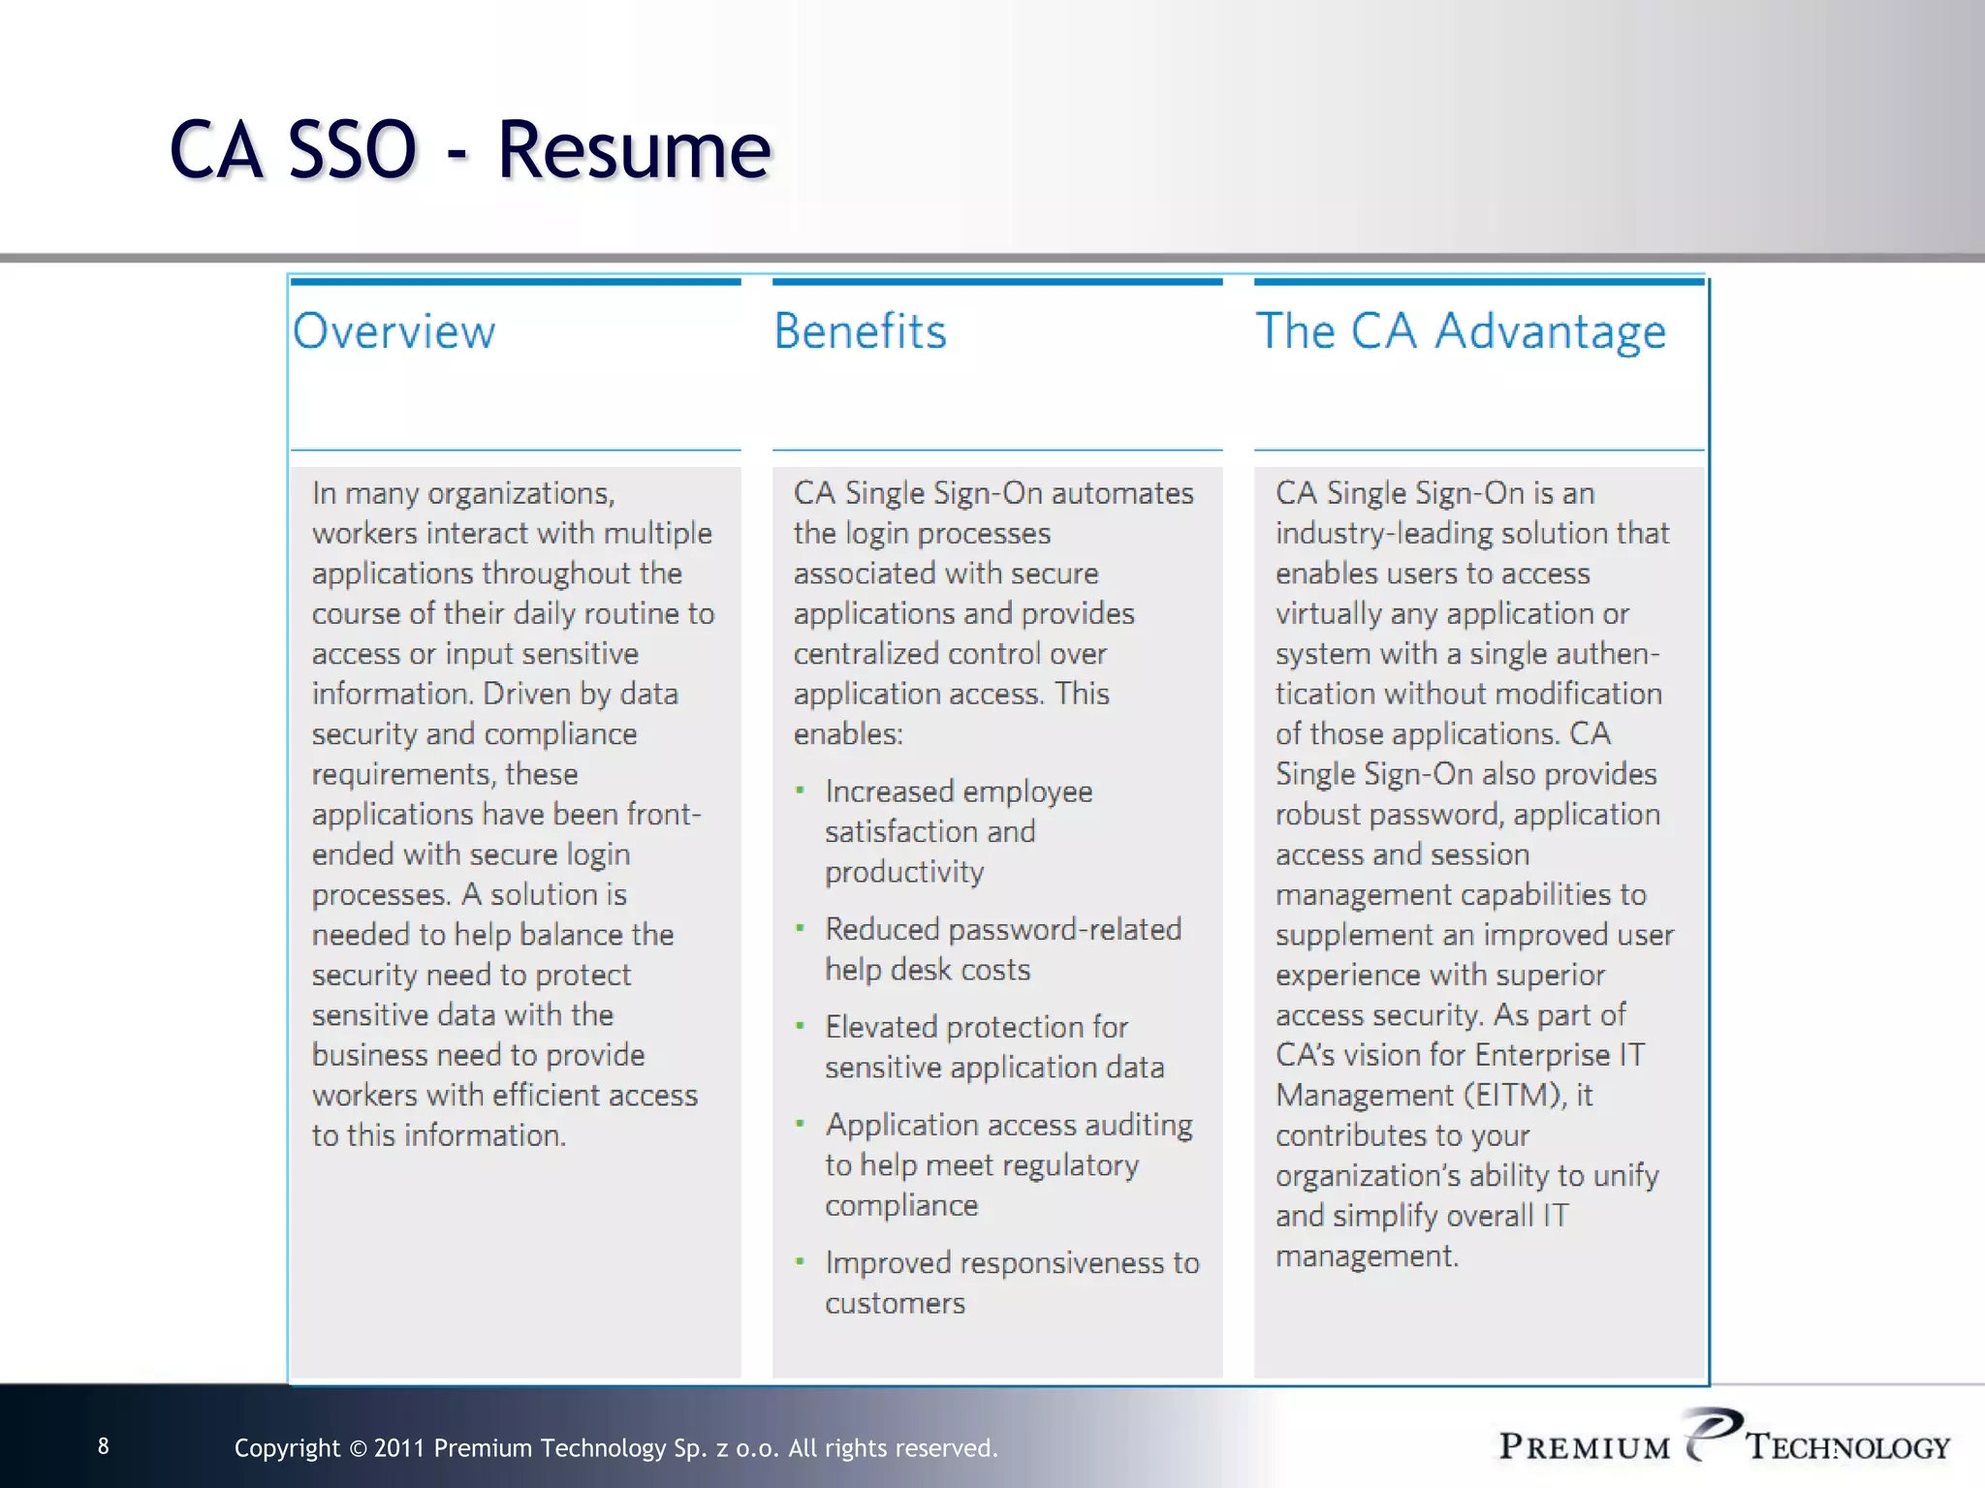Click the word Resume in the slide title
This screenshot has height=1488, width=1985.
[635, 150]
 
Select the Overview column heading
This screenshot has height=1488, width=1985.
[394, 331]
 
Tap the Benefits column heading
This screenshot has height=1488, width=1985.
[860, 331]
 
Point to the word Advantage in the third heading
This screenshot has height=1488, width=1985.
[1551, 331]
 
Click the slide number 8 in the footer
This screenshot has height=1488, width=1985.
[104, 1446]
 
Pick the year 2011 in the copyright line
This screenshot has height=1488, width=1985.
[399, 1448]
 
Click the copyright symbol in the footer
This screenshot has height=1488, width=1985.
[357, 1449]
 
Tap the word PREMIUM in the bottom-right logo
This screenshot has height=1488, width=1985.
[1585, 1447]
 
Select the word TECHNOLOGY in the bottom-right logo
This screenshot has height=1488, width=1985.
[1848, 1447]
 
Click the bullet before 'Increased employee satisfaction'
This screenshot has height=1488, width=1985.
[800, 790]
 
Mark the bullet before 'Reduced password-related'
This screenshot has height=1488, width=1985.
[800, 928]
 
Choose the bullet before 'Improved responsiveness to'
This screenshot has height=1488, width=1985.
[800, 1261]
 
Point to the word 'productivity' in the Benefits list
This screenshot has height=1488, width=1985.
[904, 873]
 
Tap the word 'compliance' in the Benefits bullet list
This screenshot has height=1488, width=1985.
[901, 1206]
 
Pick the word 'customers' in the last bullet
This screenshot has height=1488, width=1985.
[895, 1304]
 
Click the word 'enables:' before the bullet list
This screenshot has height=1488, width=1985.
[848, 734]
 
